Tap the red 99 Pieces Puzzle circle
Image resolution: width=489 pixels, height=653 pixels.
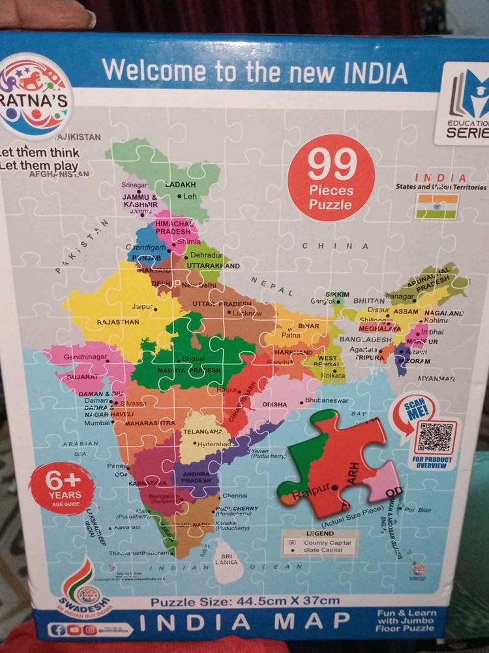point(331,178)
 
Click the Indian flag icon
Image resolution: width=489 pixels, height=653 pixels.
point(437,206)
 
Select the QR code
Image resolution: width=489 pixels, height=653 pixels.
point(435,437)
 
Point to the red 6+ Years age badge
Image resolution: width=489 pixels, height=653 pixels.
point(62,488)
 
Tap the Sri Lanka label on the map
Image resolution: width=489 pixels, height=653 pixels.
point(228,558)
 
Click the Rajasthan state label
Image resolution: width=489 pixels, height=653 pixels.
point(118,322)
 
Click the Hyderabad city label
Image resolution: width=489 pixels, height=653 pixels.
point(214,443)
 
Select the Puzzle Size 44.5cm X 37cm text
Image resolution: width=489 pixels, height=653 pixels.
point(245,601)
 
